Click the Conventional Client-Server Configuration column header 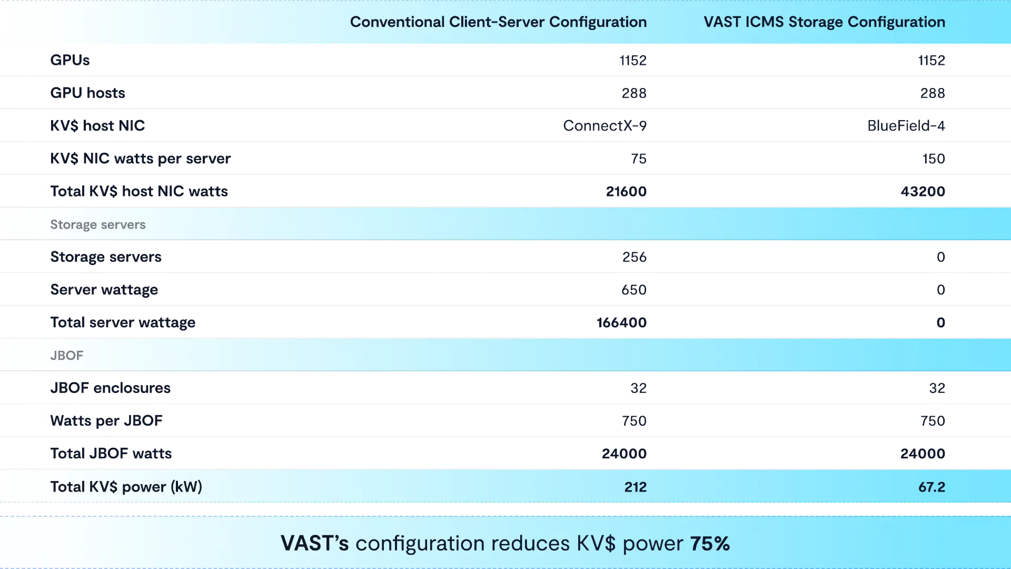click(498, 22)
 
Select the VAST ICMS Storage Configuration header click(824, 22)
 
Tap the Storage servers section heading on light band click(98, 224)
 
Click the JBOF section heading click(67, 356)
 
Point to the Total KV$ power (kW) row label click(126, 487)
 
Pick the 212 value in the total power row click(635, 487)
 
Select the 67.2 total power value click(931, 487)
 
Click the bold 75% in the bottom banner click(710, 544)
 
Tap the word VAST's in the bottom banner click(314, 544)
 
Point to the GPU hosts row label click(88, 93)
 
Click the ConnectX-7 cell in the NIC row click(605, 126)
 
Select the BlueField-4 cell click(907, 126)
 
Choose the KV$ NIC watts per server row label click(141, 159)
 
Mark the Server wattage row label click(105, 290)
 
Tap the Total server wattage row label click(123, 322)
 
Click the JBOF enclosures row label click(111, 388)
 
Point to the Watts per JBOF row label click(107, 421)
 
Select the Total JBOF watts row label click(111, 454)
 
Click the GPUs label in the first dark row click(71, 61)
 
